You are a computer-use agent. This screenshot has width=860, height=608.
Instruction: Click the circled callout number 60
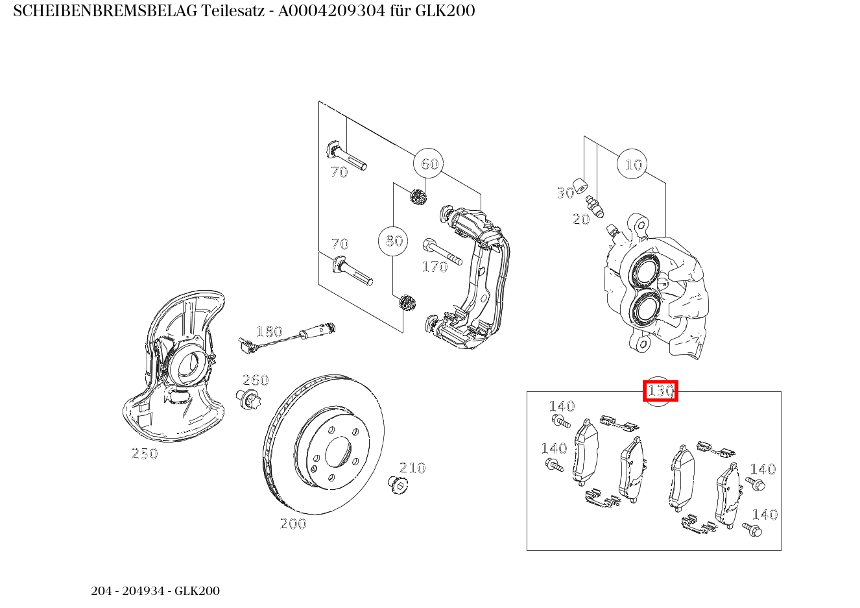pos(429,164)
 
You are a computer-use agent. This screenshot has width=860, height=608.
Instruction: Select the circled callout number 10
pos(632,164)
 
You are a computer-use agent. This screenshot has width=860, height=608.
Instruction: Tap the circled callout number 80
pos(393,241)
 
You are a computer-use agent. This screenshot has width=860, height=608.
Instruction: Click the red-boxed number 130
pos(660,391)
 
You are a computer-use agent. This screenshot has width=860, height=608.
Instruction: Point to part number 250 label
pos(145,454)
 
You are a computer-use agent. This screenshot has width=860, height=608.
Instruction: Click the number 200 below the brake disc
pos(293,524)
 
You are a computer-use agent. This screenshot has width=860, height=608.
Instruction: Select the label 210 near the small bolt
pos(412,467)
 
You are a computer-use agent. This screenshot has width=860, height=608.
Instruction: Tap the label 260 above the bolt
pos(256,380)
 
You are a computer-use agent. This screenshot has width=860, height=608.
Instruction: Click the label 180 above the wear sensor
pos(270,331)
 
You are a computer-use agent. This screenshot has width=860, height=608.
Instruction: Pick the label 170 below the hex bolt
pos(435,267)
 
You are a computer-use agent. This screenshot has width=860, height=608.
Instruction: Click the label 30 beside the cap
pos(565,193)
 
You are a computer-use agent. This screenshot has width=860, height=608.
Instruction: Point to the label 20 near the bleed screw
pos(581,219)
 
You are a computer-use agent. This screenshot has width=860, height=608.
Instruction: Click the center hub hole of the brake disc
pos(338,452)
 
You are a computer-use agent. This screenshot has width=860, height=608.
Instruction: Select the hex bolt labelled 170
pos(442,252)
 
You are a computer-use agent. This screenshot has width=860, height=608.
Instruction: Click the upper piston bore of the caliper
pos(646,273)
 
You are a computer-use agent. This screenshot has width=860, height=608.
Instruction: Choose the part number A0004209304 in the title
pos(331,11)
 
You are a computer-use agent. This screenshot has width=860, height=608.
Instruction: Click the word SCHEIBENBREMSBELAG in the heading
pos(105,11)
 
